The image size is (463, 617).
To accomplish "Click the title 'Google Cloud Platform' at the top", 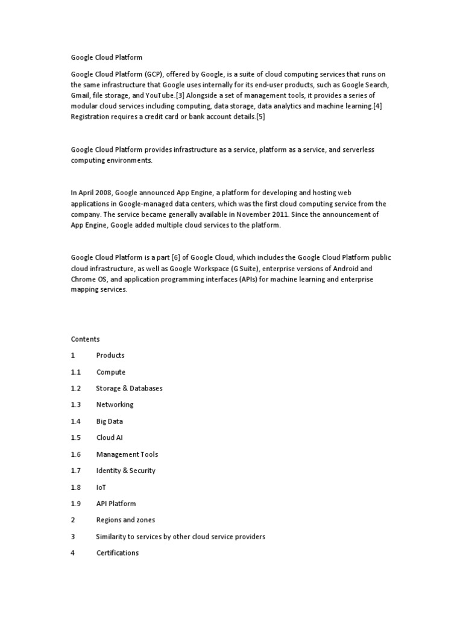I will pos(106,58).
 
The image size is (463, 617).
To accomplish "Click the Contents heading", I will pos(85,339).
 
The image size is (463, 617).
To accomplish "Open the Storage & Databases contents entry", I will pos(129,388).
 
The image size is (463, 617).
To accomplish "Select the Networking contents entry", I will pos(115,404).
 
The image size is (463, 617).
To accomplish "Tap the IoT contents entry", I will pos(101,487).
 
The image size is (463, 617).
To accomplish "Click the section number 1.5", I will pos(75,437).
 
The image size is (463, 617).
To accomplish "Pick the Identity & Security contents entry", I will pos(125,471).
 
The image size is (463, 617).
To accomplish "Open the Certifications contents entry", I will pos(117,553).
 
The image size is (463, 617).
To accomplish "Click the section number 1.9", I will pos(75,503).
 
